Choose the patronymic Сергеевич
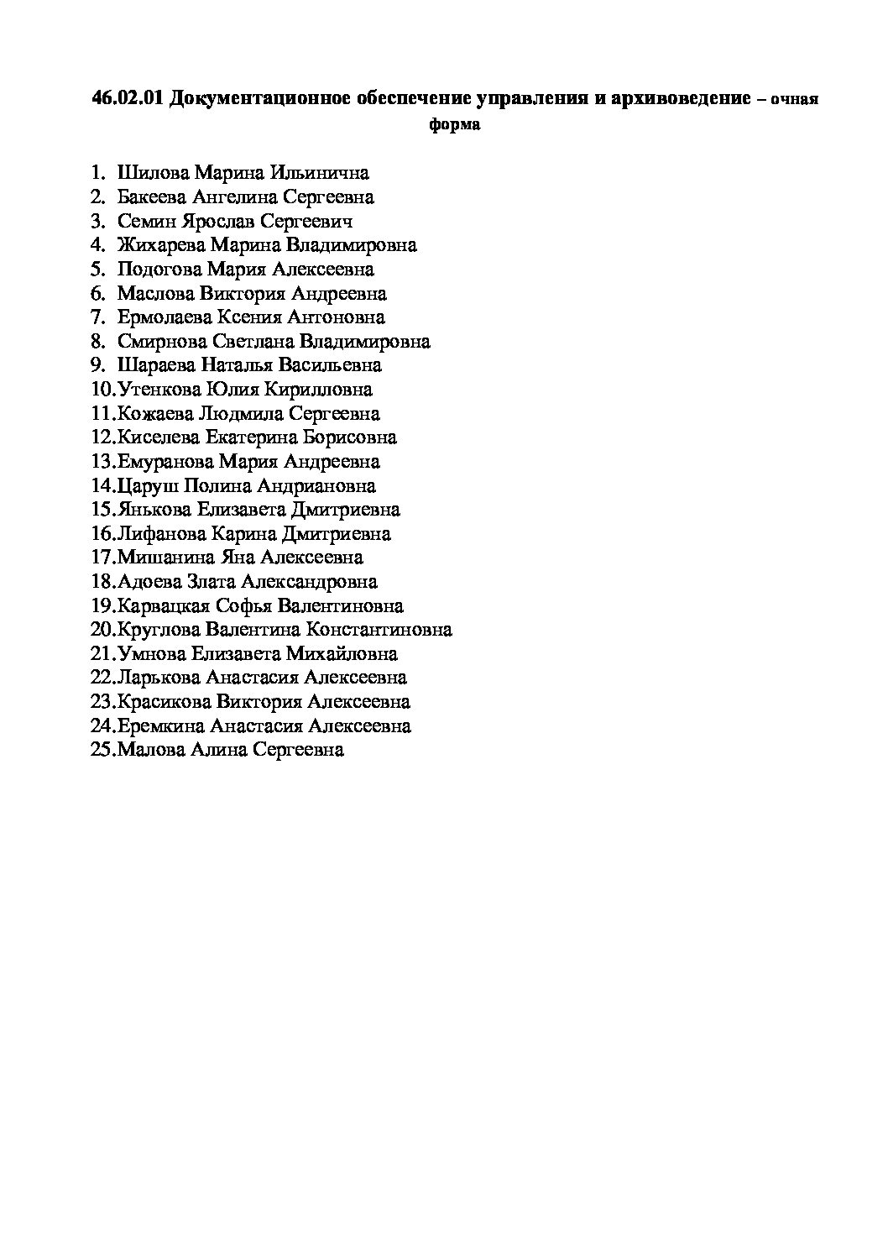point(306,222)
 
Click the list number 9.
point(98,365)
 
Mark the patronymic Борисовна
point(350,437)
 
